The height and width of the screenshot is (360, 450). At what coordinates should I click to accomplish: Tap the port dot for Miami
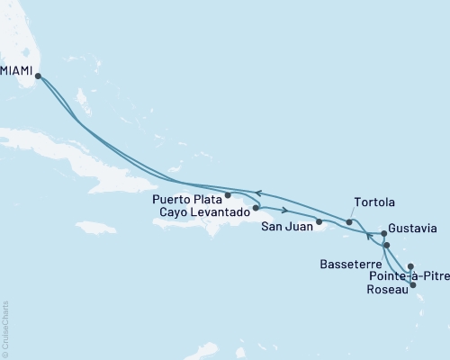point(37,76)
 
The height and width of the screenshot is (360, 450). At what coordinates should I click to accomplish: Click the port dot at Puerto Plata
point(228,194)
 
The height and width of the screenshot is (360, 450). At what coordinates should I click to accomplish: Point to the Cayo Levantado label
point(204,211)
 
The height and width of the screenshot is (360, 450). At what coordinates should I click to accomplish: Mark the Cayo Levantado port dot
point(256,208)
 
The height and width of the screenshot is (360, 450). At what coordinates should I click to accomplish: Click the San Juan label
point(287,227)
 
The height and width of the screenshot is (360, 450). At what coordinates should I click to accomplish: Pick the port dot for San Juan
point(319,220)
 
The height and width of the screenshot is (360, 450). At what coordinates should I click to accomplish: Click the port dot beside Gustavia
point(383,232)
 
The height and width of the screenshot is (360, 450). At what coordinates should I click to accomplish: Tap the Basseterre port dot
point(386,245)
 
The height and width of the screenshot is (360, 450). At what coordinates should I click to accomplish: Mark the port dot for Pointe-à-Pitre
point(410,266)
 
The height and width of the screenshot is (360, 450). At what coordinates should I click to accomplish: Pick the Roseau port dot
point(413,285)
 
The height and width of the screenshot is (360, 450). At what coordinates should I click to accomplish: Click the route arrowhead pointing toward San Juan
point(284,212)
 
